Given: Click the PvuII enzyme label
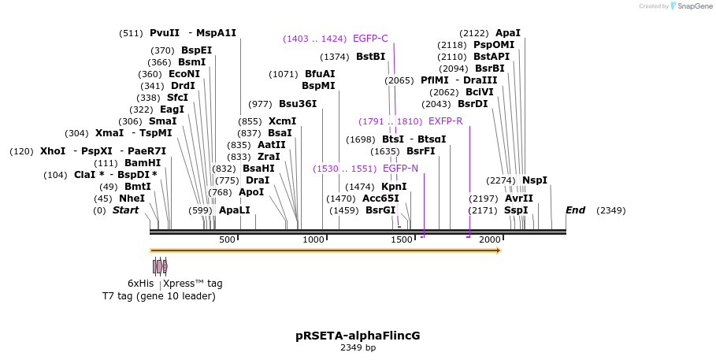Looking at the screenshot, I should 165,33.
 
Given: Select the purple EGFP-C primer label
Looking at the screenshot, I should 370,39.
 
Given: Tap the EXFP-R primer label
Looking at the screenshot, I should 445,121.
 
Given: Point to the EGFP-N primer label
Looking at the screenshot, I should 400,169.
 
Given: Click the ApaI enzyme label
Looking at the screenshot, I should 507,33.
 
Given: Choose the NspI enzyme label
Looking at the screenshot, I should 534,180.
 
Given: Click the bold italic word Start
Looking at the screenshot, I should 125,210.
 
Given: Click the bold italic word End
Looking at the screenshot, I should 575,210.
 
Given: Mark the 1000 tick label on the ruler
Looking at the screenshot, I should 313,239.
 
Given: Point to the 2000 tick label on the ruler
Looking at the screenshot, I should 490,239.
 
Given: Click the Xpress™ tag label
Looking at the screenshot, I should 193,284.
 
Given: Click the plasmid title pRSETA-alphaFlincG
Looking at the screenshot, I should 358,336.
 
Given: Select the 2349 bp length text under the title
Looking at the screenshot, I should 358,347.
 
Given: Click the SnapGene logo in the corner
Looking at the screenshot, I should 690,6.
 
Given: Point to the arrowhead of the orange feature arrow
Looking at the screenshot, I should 498,251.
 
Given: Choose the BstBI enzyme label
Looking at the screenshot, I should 370,57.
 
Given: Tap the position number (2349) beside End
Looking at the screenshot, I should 610,210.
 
